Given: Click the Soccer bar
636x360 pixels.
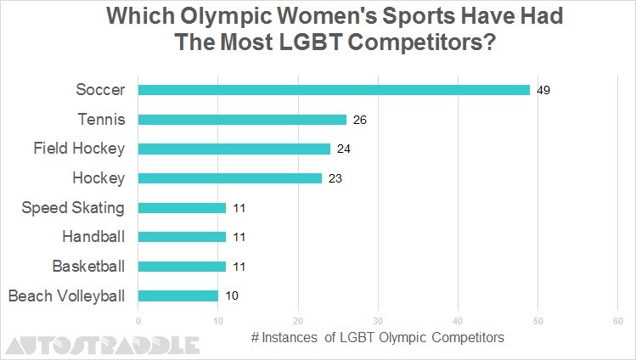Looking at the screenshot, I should (x=334, y=90).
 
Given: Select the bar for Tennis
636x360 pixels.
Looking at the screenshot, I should (x=242, y=120).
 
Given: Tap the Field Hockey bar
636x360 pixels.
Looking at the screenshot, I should (x=234, y=149).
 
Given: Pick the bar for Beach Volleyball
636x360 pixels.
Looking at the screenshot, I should (x=178, y=296).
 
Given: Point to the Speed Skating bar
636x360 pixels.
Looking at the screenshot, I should (x=182, y=208).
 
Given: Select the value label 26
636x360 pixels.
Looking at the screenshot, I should (x=359, y=120).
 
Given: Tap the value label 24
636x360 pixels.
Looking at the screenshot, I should (x=343, y=149).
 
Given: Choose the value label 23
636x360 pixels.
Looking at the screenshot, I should (x=335, y=178).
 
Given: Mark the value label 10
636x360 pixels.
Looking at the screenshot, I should (x=232, y=296).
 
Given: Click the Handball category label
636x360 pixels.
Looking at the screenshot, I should (x=93, y=237).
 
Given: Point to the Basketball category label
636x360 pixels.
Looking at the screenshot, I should (x=88, y=267).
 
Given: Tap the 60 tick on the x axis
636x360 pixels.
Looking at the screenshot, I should (x=617, y=321).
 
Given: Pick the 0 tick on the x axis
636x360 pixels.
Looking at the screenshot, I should (x=138, y=321).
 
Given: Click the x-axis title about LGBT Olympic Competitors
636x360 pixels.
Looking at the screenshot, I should (x=378, y=337).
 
